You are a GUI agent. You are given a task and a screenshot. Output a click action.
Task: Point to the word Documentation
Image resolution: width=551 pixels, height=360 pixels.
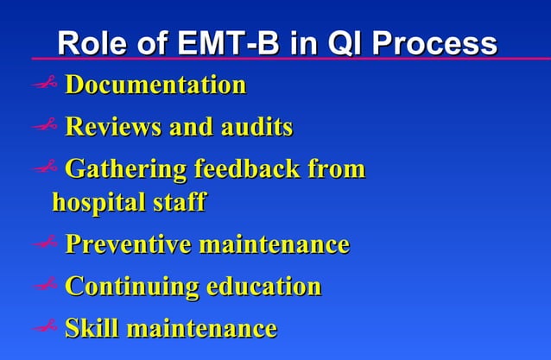(x=155, y=85)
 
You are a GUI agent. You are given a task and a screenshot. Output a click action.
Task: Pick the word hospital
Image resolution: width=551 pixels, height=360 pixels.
(x=94, y=203)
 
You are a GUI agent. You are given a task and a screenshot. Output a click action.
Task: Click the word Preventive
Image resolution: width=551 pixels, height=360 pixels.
(x=128, y=244)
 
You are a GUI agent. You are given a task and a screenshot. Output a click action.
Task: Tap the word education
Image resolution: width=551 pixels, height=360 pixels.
(x=263, y=286)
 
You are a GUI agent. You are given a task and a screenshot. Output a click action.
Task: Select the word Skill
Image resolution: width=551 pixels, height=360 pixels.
(x=92, y=328)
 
